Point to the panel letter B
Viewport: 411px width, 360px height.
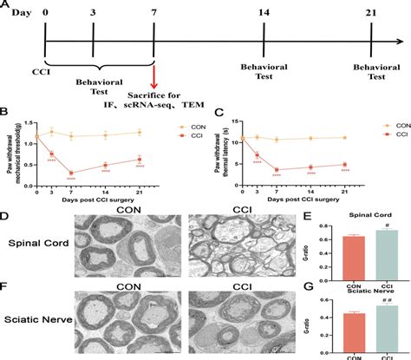pyautogui.click(x=5, y=109)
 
